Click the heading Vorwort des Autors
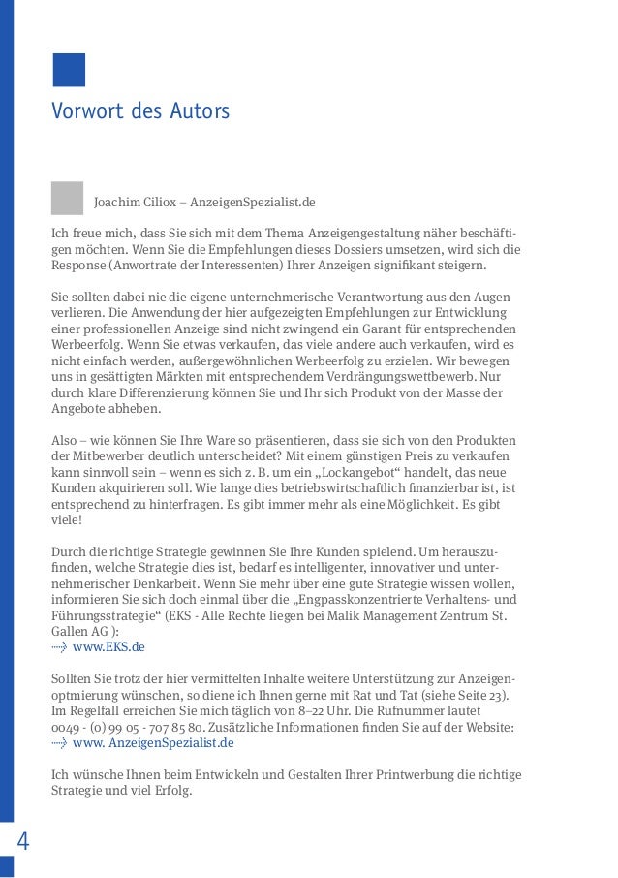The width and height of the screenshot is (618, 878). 140,111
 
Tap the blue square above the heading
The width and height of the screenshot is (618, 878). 69,70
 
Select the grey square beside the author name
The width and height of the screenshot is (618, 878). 68,198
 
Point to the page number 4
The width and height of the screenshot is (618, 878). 22,841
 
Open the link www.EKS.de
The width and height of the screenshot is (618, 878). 108,647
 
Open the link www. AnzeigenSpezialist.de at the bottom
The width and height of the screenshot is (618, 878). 153,743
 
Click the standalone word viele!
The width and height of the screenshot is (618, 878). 68,519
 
